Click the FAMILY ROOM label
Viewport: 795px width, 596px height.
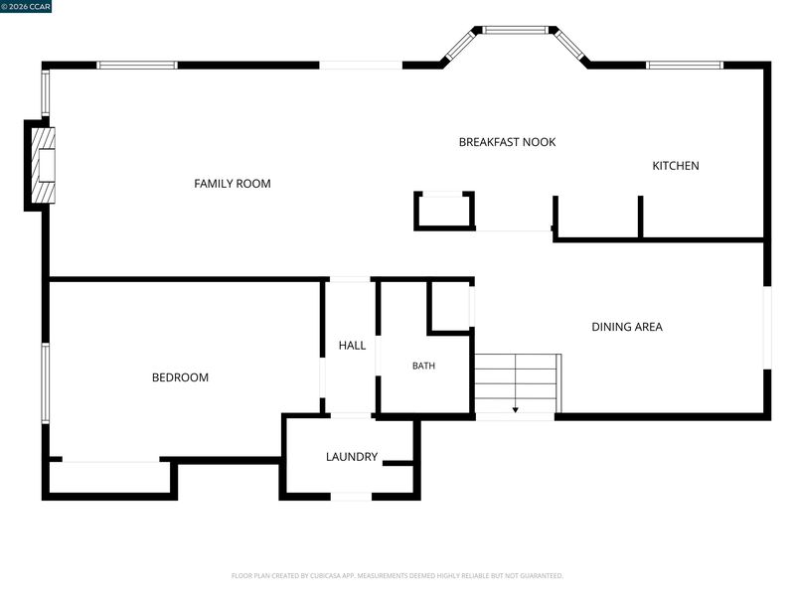click(233, 184)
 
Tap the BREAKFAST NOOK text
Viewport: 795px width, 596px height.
click(507, 142)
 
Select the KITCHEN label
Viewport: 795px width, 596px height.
click(676, 166)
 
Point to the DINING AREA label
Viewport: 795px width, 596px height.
click(627, 327)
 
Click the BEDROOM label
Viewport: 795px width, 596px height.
click(180, 377)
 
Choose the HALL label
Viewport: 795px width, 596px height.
click(352, 346)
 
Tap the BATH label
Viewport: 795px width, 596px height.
click(423, 366)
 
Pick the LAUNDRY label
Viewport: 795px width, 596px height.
click(352, 457)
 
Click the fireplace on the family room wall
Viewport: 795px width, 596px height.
click(43, 166)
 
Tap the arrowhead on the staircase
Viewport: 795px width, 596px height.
click(515, 409)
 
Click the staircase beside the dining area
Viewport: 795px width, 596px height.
click(518, 383)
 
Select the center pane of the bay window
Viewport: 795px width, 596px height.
click(515, 31)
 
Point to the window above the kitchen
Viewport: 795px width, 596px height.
click(685, 65)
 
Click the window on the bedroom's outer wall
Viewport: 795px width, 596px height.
click(45, 382)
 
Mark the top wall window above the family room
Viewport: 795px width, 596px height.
click(137, 65)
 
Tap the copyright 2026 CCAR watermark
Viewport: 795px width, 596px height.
click(26, 6)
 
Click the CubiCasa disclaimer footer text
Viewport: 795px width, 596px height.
click(397, 576)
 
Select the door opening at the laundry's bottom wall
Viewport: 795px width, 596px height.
click(351, 497)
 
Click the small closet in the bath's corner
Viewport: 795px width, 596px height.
click(451, 307)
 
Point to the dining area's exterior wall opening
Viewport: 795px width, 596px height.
click(767, 328)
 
